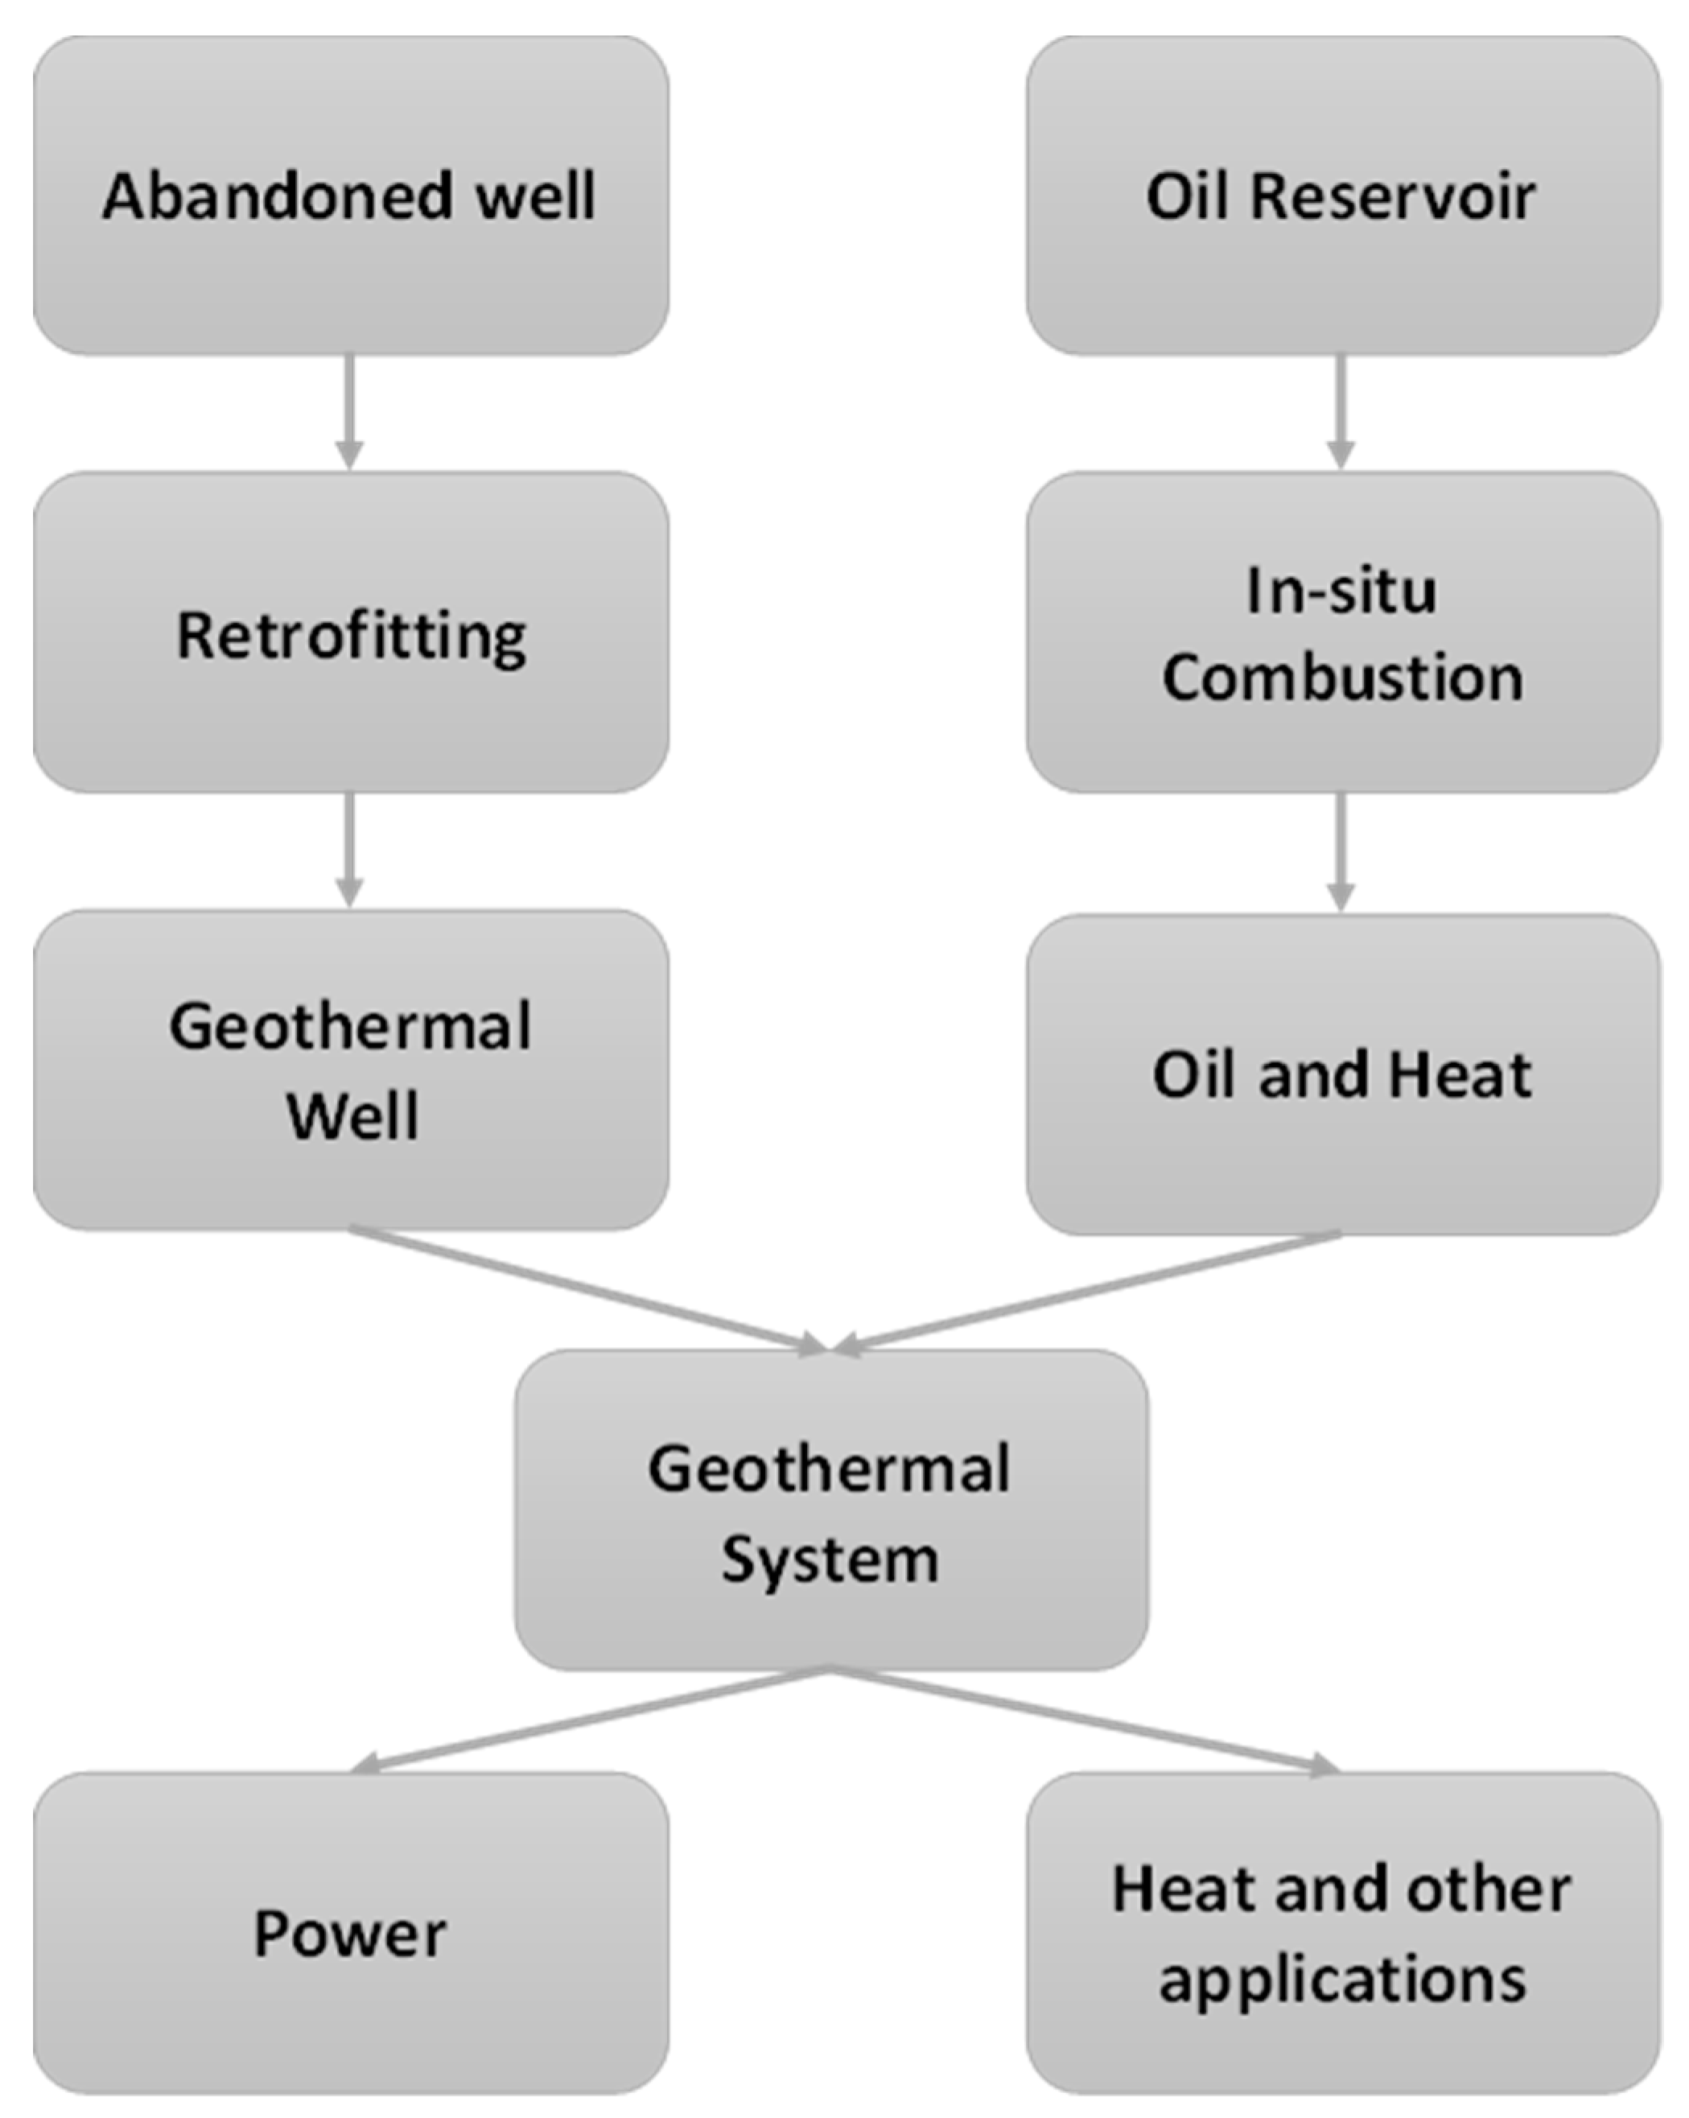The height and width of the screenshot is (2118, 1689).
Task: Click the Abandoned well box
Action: point(351,196)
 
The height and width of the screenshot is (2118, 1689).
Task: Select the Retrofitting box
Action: point(351,633)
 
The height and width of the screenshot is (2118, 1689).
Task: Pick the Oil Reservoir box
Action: point(1342,196)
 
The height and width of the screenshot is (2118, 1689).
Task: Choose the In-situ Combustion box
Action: point(1342,633)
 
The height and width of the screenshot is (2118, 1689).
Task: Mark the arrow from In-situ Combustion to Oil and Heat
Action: point(1341,851)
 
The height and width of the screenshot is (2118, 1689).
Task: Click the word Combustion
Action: point(1342,678)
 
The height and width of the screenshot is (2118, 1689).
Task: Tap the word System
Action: point(830,1560)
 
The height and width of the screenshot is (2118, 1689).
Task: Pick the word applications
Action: point(1342,1979)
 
